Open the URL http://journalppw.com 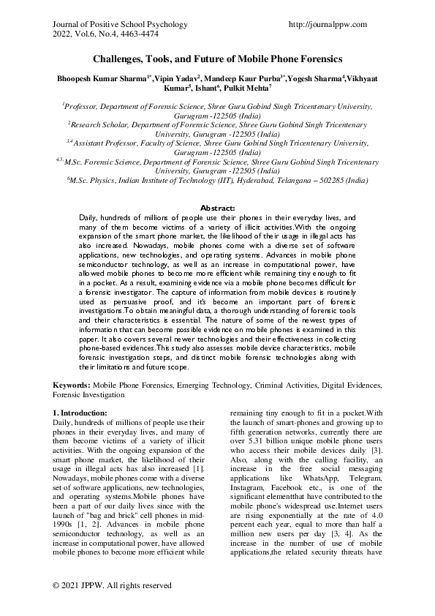click(328, 24)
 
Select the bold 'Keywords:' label click(71, 384)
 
